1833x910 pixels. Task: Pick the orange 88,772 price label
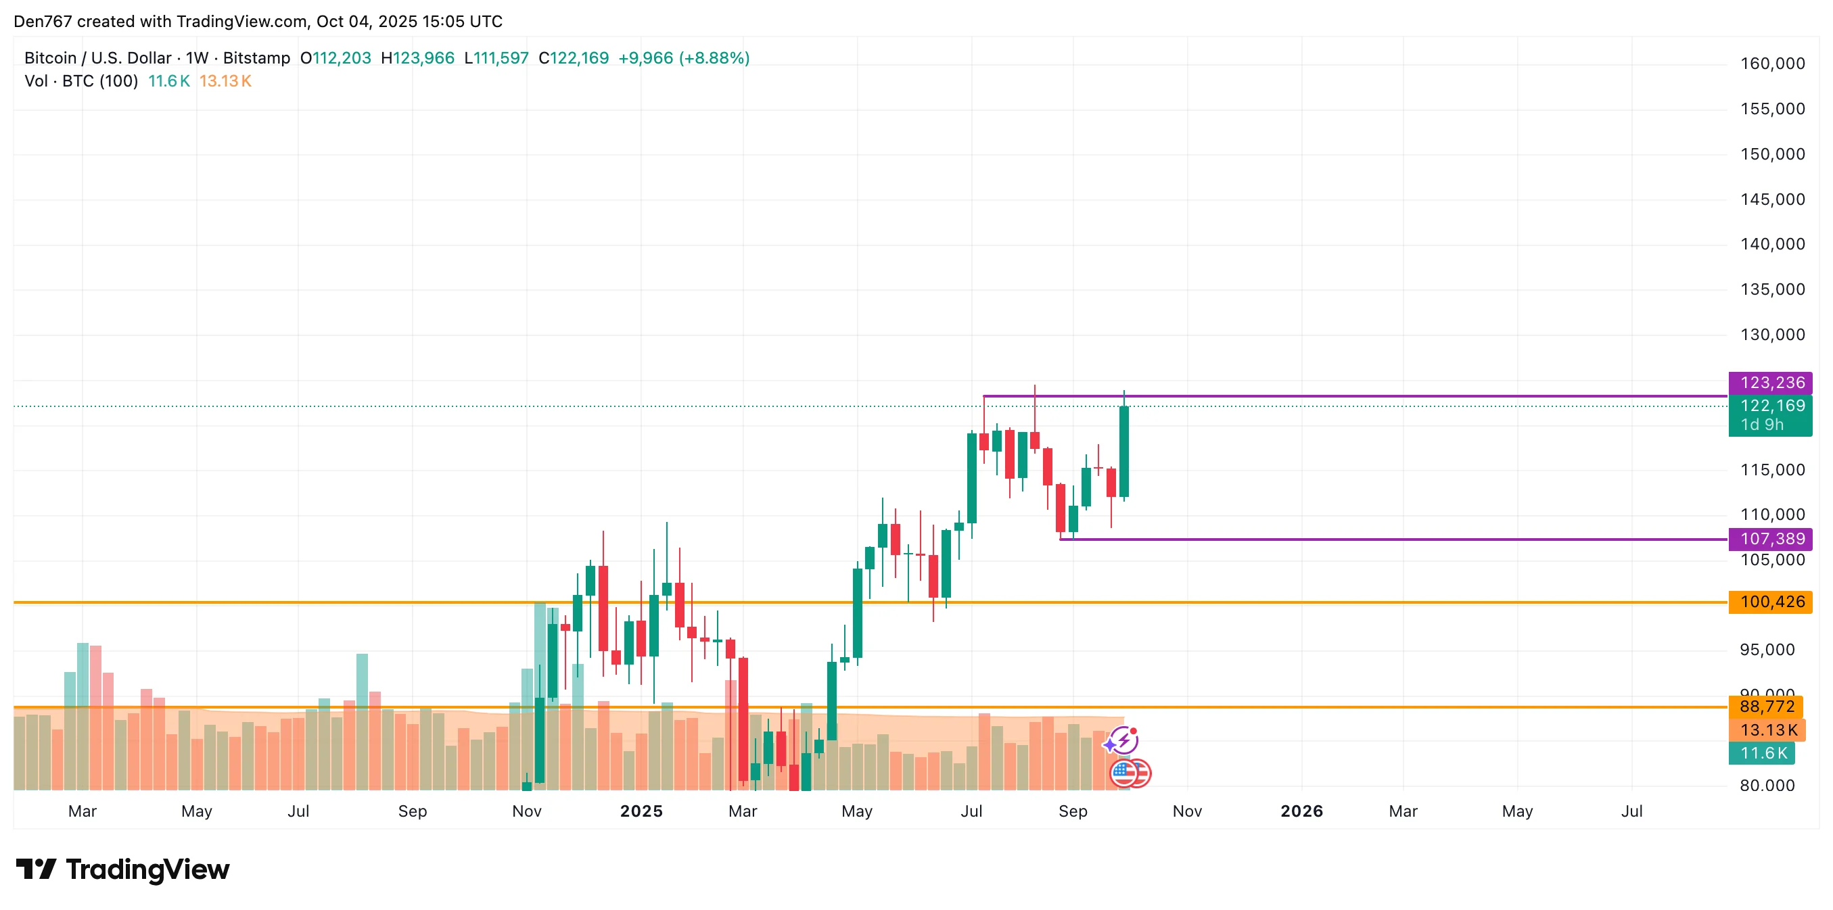pos(1765,707)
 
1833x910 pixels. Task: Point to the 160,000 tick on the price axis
pos(1772,64)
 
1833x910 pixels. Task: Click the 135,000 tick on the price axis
pos(1772,289)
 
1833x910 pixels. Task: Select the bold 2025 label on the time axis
pos(641,811)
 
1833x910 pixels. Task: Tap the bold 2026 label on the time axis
pos(1301,811)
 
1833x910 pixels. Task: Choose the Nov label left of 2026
pos(1187,811)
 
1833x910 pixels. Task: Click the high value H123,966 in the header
pos(418,58)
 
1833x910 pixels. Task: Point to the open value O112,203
pos(336,58)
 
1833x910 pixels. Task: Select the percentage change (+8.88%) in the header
pos(714,58)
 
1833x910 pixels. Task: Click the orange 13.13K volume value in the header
pos(225,81)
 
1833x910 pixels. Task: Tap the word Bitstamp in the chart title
pos(256,58)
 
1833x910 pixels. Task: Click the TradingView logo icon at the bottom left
pos(36,869)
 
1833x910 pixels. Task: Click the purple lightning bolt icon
pos(1123,741)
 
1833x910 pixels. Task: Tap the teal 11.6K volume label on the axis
pos(1762,753)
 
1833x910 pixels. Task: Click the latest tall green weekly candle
pos(1123,451)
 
